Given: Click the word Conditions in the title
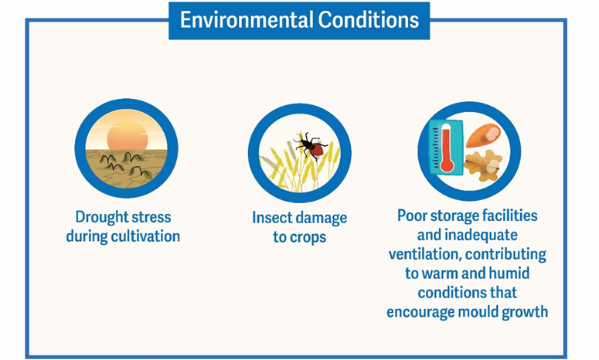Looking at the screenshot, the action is (x=369, y=19).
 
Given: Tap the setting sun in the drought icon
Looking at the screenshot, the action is (x=128, y=135).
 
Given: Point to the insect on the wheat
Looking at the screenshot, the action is (x=311, y=146).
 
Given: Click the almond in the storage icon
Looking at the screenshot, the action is (x=483, y=135).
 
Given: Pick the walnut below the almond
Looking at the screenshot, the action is (x=483, y=165).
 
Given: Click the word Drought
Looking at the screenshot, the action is (x=102, y=217).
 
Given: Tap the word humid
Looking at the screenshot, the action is (x=509, y=273).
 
